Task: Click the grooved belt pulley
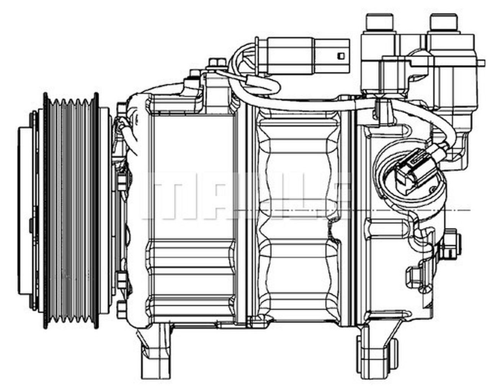71,211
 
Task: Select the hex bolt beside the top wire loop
217,64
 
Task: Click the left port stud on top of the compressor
380,23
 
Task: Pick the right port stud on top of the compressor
444,23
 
